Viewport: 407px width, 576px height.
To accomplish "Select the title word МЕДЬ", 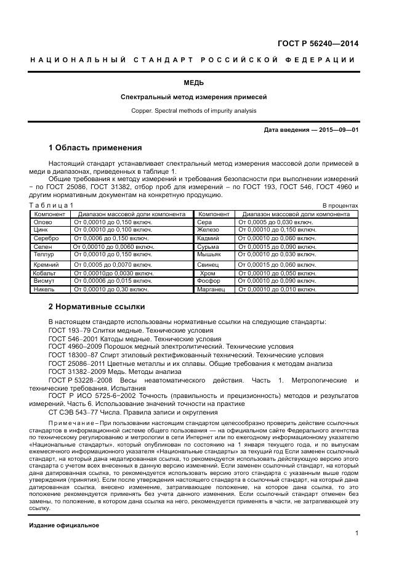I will pyautogui.click(x=194, y=83).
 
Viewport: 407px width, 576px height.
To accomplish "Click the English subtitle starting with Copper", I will pyautogui.click(x=194, y=111).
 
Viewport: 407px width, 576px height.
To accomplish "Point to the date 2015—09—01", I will pyautogui.click(x=337, y=130).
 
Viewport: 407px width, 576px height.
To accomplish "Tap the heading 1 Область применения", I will pyautogui.click(x=95, y=148).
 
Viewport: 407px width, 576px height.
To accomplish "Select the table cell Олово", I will pyautogui.click(x=42, y=221).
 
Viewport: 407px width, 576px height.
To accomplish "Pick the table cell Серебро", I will pyautogui.click(x=46, y=238).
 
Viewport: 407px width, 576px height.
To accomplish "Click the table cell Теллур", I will pyautogui.click(x=44, y=254).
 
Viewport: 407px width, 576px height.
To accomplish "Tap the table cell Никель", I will pyautogui.click(x=44, y=289).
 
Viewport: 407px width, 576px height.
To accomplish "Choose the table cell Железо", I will pyautogui.click(x=208, y=229).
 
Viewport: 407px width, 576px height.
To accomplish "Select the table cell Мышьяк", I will pyautogui.click(x=209, y=254).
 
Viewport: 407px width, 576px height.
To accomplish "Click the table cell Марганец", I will pyautogui.click(x=211, y=289).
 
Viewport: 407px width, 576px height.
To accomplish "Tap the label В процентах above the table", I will pyautogui.click(x=340, y=205).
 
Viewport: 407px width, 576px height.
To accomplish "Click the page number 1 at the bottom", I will pyautogui.click(x=357, y=533).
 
